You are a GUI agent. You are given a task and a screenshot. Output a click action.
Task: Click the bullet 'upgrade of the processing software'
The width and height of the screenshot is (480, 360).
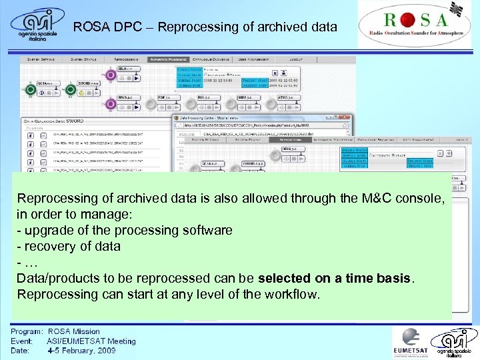[125, 230]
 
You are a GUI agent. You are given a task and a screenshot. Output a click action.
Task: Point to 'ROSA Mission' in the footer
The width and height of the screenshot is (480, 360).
[74, 331]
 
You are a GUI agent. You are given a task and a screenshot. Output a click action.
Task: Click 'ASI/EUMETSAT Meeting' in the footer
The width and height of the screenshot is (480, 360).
[91, 341]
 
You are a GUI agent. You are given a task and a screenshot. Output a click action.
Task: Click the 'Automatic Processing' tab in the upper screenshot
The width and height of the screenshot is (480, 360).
[169, 59]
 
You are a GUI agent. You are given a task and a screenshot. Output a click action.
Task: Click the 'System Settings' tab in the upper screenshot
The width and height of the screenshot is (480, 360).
[41, 59]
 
